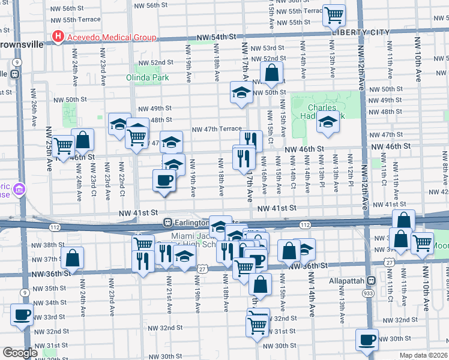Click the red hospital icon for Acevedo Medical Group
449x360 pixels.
58,37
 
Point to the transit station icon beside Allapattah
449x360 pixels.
371,280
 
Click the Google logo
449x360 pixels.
20,353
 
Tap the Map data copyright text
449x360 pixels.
423,355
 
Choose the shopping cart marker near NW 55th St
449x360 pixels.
334,15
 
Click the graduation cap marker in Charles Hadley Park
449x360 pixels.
328,122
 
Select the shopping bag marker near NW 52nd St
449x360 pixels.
272,74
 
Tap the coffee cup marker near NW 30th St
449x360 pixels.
367,339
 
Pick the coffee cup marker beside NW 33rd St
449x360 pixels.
22,315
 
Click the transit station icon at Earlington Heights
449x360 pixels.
169,223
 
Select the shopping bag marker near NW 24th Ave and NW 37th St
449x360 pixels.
73,258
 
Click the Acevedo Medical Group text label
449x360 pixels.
112,37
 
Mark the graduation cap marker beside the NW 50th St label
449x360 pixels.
241,93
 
